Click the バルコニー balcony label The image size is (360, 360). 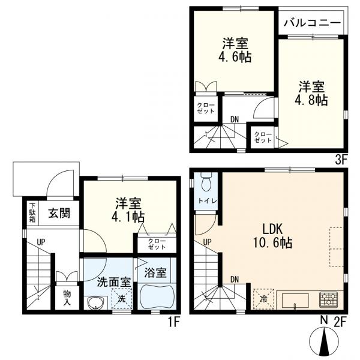coord(312,24)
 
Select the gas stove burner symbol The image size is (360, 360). coord(329,299)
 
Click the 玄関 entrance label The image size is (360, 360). coord(58,212)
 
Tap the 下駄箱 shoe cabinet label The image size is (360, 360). coord(32,212)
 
